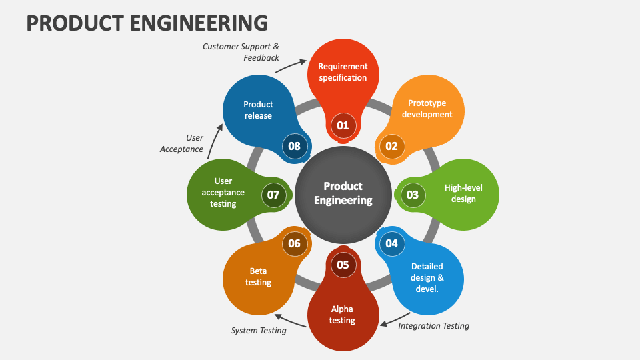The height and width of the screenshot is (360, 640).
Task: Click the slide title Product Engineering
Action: point(147,22)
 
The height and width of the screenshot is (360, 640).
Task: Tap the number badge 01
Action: point(343,125)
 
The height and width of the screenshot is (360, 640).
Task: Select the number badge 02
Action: point(391,147)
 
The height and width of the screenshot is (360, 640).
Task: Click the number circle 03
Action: point(413,195)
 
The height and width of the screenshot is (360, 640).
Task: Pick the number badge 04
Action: point(391,243)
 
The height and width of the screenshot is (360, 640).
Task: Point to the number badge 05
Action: point(343,265)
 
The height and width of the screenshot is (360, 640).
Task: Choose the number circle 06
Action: point(294,243)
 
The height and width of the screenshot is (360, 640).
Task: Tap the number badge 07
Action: point(273,195)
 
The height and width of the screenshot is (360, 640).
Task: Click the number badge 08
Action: point(294,147)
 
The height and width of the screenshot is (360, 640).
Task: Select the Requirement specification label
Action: point(343,72)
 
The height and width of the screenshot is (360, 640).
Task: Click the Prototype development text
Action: point(427,109)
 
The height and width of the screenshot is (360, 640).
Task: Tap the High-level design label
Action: point(463,193)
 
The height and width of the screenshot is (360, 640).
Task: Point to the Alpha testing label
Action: point(342,315)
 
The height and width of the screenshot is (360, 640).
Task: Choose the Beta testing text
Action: point(258,277)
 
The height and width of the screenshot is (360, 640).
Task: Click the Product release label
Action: point(258,110)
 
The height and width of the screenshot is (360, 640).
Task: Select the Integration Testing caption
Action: point(433,326)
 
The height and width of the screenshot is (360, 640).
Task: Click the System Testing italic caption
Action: point(259,330)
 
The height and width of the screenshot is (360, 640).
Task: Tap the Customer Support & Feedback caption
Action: point(241,52)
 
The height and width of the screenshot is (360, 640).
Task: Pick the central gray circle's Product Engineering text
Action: point(343,193)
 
